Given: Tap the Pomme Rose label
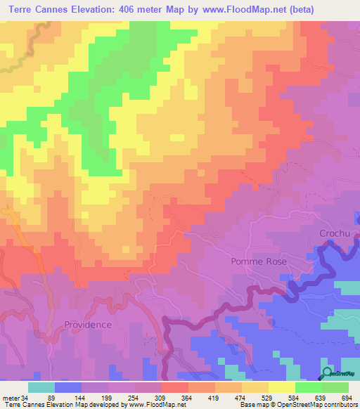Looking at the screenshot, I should point(259,261).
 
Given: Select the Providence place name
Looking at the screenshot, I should point(88,325).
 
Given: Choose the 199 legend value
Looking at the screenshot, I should point(105,397).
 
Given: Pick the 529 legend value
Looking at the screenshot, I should point(266,397).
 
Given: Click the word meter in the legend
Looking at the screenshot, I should point(10,397).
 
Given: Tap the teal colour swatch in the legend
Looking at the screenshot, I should point(41,387).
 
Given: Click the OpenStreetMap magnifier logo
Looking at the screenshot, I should point(327,372).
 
